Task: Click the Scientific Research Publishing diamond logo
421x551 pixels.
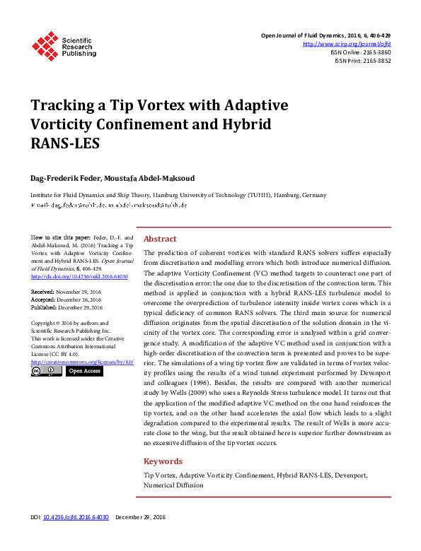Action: pos(45,46)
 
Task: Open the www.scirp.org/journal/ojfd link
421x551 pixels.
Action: pos(347,44)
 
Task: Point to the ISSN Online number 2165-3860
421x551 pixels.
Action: pos(376,52)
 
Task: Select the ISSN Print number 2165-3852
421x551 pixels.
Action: pos(376,61)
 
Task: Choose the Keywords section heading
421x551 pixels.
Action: pos(163,461)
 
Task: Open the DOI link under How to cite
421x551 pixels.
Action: pos(79,277)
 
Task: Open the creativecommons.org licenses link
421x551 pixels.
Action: pos(82,362)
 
